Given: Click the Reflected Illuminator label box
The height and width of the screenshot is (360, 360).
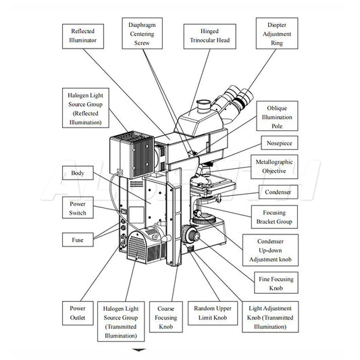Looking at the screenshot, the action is tap(83, 36).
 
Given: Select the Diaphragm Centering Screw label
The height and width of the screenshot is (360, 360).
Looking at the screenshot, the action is tap(142, 33).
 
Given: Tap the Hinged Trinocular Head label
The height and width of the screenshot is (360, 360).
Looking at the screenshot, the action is tap(209, 36).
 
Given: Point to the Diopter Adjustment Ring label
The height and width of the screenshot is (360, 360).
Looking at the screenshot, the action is tap(277, 33).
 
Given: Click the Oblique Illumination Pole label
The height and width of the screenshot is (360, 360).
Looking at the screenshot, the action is tap(277, 116).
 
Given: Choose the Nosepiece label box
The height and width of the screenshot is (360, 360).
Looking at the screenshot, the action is tap(280, 143).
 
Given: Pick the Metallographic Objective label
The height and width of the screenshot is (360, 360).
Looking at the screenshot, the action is tap(274, 167).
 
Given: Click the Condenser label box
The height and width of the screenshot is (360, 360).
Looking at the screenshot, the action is tap(278, 192).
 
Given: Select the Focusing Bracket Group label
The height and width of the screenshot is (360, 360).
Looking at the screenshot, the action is tap(274, 217).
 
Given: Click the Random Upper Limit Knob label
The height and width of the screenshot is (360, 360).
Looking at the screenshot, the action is tap(213, 313).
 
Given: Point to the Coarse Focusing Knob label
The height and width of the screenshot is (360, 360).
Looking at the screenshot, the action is tap(166, 317).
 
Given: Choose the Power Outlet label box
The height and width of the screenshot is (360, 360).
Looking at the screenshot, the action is tap(78, 313).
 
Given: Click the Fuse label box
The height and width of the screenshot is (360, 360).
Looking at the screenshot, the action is tap(78, 240).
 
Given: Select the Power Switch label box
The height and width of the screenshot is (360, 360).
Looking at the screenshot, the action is tap(78, 207).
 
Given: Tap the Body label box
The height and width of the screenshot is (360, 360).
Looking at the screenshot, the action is tap(78, 173).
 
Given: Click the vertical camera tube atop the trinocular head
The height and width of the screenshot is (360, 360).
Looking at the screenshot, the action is tap(204, 106).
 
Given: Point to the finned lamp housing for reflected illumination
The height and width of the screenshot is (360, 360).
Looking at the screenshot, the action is tap(132, 155).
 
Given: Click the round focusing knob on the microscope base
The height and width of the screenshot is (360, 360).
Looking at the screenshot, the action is tap(191, 234).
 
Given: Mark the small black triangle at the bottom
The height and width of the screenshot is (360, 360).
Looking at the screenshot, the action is tap(139, 350).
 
